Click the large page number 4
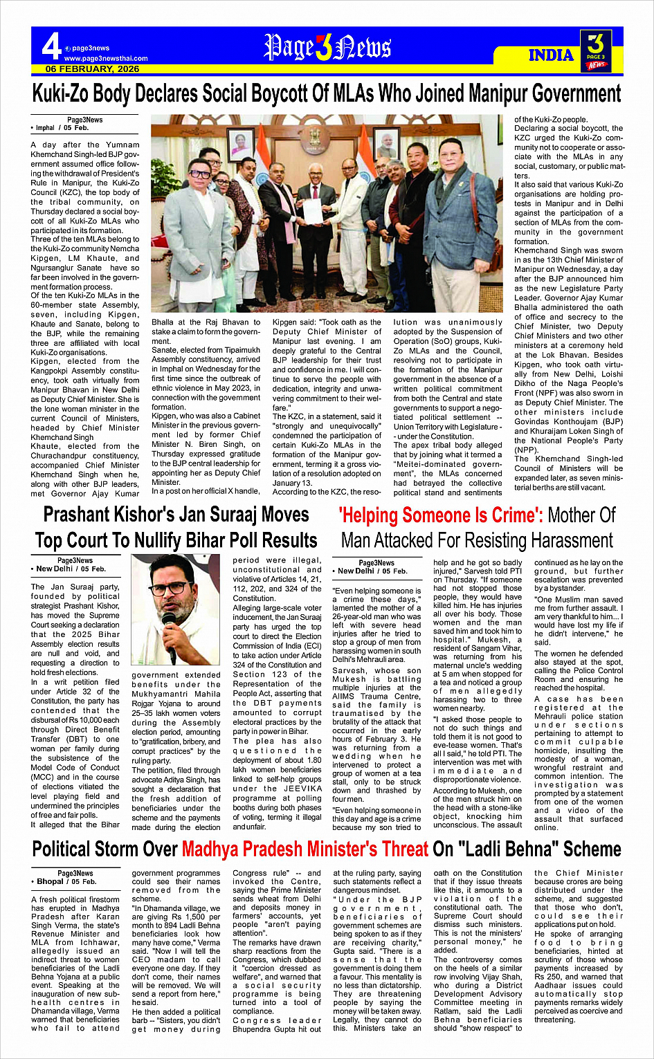pos(51,47)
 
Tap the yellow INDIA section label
pos(551,55)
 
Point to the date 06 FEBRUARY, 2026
pos(92,68)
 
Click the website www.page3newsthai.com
pos(105,58)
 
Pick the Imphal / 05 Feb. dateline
pos(62,128)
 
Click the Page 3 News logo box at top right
pos(596,50)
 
